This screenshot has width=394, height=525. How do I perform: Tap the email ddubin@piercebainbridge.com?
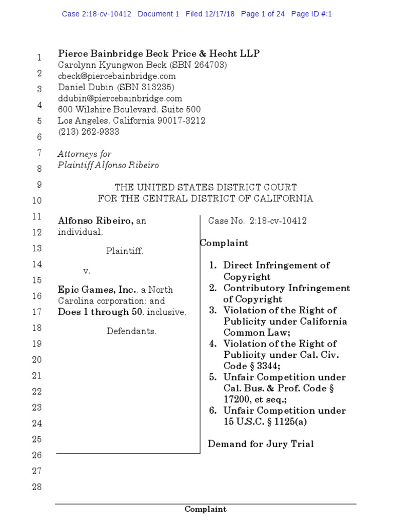(112, 98)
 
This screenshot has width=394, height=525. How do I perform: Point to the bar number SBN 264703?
(200, 65)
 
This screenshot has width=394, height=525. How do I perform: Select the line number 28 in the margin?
(37, 487)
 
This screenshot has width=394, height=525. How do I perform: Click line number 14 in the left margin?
(37, 265)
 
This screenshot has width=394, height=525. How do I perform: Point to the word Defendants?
(131, 331)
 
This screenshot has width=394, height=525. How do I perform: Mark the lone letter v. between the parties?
(87, 270)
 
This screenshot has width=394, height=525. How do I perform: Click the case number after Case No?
(278, 221)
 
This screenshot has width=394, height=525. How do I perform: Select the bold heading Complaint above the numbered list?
(224, 243)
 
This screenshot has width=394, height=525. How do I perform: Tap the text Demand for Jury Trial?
(261, 444)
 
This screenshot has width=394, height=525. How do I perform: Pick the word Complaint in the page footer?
(205, 509)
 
